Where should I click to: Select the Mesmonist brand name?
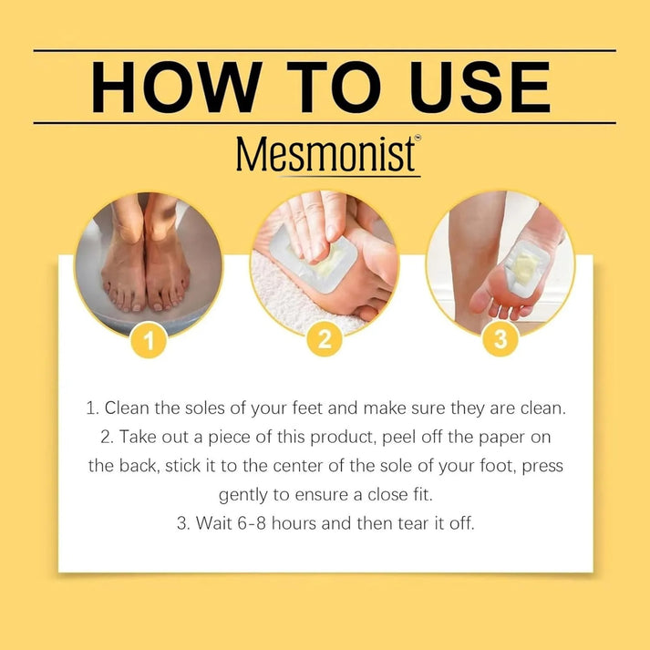tap(325, 154)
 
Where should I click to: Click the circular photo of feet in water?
tap(149, 263)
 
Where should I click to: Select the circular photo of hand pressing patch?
tap(325, 263)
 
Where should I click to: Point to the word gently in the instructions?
tap(246, 495)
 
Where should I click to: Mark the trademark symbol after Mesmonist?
tap(418, 138)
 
